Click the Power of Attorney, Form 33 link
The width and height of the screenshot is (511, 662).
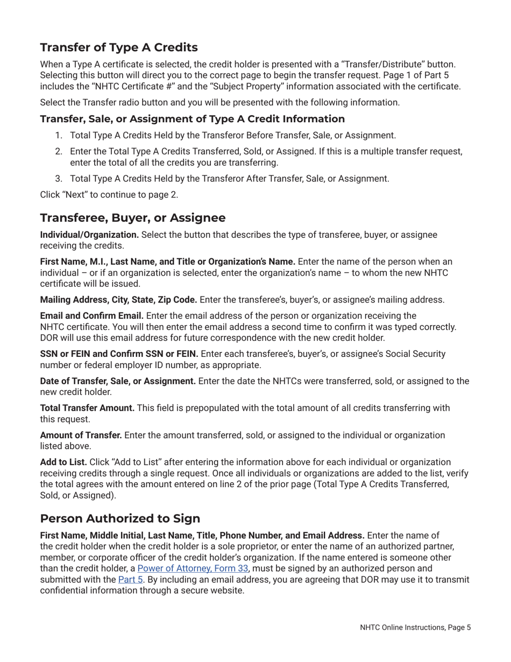pyautogui.click(x=193, y=568)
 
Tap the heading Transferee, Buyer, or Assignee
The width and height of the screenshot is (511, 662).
pyautogui.click(x=133, y=217)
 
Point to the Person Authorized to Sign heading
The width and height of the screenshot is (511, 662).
pyautogui.click(x=120, y=518)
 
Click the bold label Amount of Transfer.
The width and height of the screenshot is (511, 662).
pyautogui.click(x=81, y=435)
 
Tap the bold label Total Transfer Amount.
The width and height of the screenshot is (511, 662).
pyautogui.click(x=87, y=408)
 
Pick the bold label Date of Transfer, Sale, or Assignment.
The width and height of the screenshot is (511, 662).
pyautogui.click(x=118, y=382)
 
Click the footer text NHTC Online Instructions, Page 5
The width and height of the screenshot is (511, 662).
pyautogui.click(x=415, y=628)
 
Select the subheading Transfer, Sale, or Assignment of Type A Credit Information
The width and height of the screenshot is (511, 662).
pyautogui.click(x=192, y=119)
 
